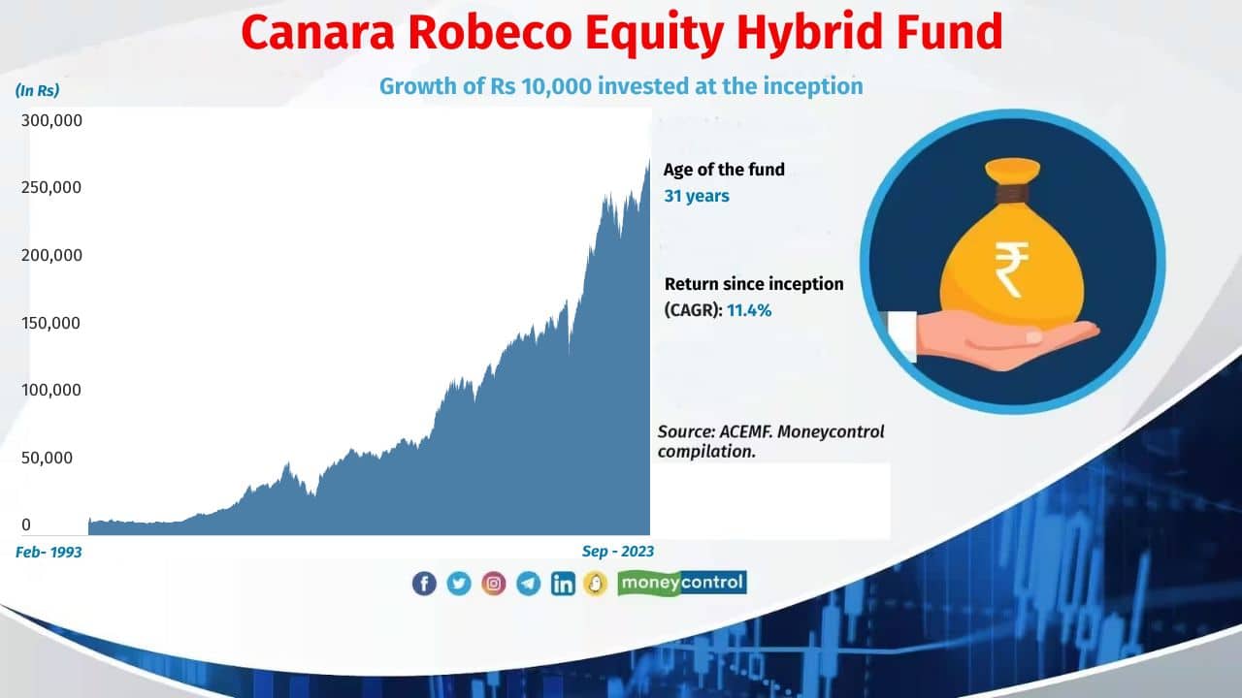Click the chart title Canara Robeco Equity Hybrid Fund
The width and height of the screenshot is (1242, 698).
click(x=621, y=32)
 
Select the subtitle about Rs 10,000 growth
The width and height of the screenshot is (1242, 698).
click(x=621, y=85)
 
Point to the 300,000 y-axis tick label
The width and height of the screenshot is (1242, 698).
click(x=51, y=121)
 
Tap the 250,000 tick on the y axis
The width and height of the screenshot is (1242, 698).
click(x=51, y=188)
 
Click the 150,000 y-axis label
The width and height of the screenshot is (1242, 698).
click(x=51, y=323)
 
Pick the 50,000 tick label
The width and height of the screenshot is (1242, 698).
click(x=47, y=458)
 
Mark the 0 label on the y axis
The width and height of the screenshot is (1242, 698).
click(x=26, y=524)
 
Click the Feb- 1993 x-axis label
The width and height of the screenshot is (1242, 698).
click(x=49, y=552)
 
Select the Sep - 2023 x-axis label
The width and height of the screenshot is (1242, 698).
click(x=618, y=552)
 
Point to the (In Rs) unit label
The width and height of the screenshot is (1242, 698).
click(x=37, y=90)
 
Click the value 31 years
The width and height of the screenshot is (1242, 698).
click(x=696, y=196)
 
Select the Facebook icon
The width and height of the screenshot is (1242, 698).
click(x=424, y=583)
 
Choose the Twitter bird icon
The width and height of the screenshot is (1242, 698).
click(x=459, y=583)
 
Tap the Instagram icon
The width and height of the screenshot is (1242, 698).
click(x=494, y=583)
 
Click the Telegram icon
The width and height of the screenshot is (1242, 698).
click(x=529, y=583)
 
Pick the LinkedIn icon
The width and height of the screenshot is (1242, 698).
click(x=563, y=583)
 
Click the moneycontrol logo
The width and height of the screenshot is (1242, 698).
click(x=681, y=583)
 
